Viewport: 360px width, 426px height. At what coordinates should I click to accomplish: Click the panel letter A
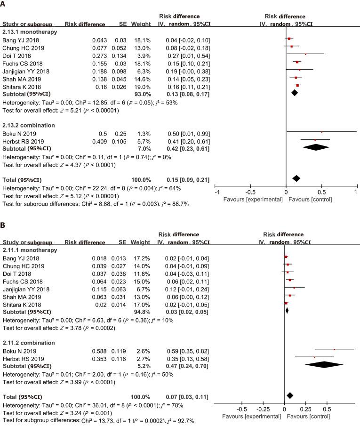coord(4,5)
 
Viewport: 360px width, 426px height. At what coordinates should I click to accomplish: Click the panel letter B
coord(4,226)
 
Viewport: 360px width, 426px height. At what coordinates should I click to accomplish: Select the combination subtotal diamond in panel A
coord(315,147)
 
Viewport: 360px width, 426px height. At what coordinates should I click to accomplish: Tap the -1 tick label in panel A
coord(217,193)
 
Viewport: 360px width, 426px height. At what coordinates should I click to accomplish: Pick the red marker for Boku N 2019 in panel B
coord(334,350)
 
